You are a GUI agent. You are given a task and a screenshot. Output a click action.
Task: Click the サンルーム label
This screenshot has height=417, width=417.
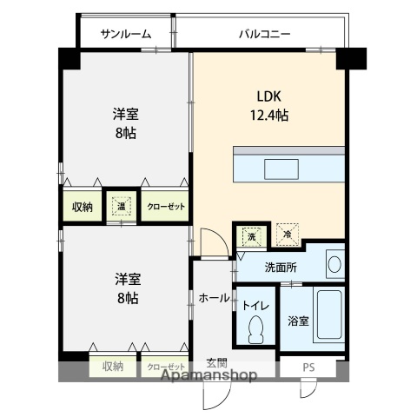coord(126,34)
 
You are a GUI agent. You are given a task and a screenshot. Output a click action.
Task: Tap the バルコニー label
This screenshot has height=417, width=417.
coord(265,34)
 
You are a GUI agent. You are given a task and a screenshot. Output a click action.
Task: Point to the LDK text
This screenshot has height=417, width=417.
coord(269,96)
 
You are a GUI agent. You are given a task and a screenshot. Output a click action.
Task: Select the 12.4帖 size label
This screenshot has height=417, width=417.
coord(269,116)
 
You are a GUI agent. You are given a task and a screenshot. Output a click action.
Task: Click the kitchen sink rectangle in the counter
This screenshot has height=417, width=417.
coord(281,169)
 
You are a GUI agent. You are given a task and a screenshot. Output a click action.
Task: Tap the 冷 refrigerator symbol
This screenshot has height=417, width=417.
coord(288,235)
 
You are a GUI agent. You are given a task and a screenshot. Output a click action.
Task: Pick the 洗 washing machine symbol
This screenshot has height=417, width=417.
coord(251,236)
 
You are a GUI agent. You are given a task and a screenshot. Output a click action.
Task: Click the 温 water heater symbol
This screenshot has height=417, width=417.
coord(122,207)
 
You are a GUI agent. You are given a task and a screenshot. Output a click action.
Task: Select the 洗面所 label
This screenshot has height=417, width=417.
coord(281,268)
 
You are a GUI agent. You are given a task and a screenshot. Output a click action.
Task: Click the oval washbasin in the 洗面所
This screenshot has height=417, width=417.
coord(334,264)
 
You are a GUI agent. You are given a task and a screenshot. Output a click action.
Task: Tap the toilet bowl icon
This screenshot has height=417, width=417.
coord(256,329)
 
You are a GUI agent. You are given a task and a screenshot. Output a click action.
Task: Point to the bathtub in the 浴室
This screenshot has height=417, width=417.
coord(329,314)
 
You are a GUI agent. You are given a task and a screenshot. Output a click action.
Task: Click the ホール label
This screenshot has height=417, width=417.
coord(214,298)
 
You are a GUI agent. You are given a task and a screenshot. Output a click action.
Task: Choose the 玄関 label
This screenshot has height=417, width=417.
coord(216,362)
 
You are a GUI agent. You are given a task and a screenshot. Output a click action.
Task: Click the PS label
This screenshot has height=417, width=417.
coord(308,367)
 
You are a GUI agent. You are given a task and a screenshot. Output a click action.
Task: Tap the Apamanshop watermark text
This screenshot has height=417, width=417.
coord(208,375)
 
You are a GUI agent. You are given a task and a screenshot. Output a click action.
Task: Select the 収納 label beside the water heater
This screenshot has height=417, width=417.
coord(83,207)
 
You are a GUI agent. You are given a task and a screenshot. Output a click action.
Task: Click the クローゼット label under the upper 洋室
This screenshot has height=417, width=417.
coord(166,207)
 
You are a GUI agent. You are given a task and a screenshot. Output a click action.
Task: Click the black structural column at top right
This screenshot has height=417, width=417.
coord(351,59)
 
